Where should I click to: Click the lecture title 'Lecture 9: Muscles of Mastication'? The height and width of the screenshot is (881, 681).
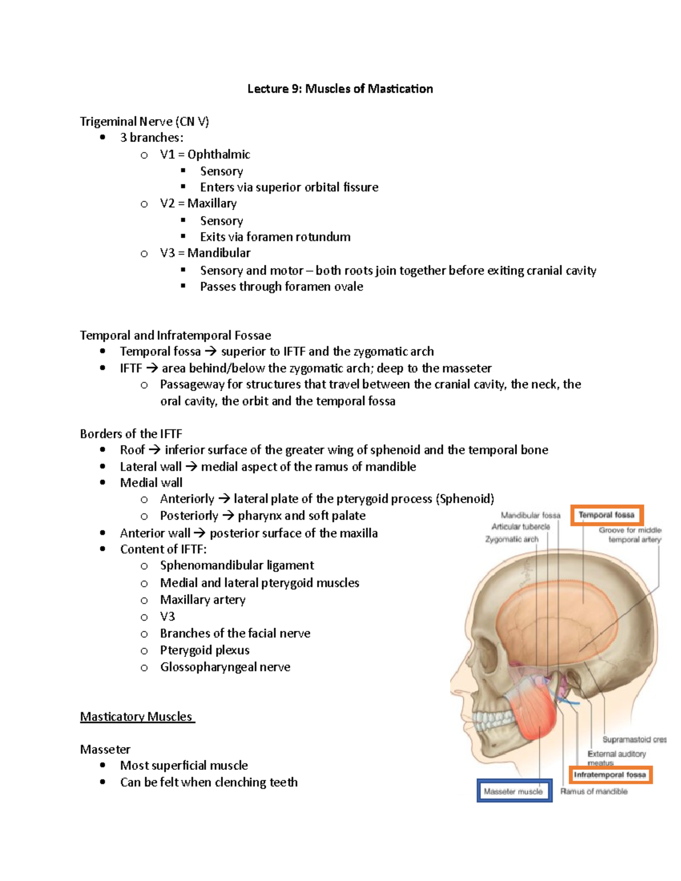coord(340,89)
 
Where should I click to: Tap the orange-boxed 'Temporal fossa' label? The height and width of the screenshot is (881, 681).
coord(606,515)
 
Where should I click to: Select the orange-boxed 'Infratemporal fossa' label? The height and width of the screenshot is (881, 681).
coord(610,774)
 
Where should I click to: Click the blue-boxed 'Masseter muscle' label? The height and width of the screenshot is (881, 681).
coord(514,791)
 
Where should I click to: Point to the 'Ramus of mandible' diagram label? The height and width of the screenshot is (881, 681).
coord(594,791)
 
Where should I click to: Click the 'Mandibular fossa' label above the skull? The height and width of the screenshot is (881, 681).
coord(530,515)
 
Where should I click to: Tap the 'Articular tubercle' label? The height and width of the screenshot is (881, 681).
coord(520,526)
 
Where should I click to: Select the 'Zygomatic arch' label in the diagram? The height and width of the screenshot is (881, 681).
coord(511,539)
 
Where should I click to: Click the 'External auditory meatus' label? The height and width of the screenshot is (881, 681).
coord(616,754)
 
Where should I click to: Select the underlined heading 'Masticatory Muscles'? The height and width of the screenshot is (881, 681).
coord(137,716)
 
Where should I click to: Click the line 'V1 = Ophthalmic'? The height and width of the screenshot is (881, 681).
coord(204,154)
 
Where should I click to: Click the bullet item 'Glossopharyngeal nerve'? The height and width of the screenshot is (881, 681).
coord(225,667)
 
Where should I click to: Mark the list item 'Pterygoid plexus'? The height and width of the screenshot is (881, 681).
coord(204,650)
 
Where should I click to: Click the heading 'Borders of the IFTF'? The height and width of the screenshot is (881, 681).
coord(131,434)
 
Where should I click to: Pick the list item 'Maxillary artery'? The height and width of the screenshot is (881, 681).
coord(203,600)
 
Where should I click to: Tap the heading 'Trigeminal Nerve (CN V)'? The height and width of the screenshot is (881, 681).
coord(144,121)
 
